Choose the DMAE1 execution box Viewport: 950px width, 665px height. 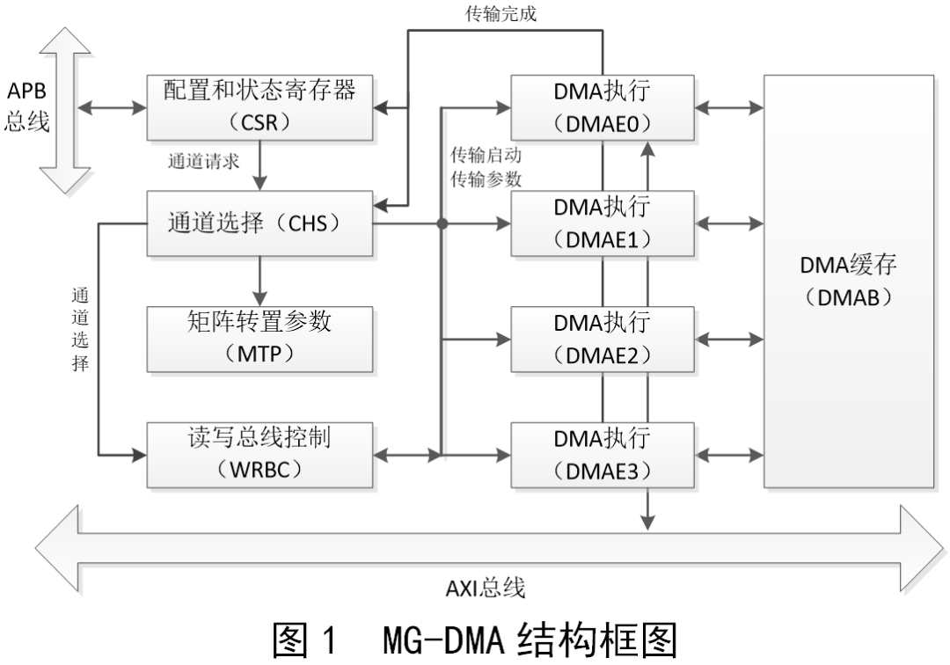pyautogui.click(x=602, y=224)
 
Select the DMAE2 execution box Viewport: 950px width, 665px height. pyautogui.click(x=602, y=339)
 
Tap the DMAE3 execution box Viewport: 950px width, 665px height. pyautogui.click(x=602, y=454)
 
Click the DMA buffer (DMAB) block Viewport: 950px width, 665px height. pyautogui.click(x=847, y=281)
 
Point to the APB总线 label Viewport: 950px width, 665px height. pyautogui.click(x=26, y=107)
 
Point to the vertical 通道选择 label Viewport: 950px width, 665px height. pyautogui.click(x=80, y=329)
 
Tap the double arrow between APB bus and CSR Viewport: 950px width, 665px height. pyautogui.click(x=112, y=108)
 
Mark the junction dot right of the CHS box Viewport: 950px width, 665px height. pyautogui.click(x=442, y=224)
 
